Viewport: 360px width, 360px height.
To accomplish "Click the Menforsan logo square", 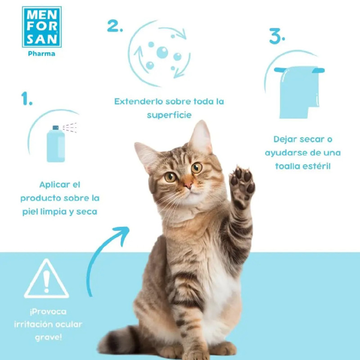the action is (x=42, y=27).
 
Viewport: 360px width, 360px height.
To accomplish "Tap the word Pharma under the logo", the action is (x=41, y=54).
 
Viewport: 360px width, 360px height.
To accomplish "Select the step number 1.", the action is (x=27, y=99).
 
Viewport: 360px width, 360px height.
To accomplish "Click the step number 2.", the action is (x=115, y=26).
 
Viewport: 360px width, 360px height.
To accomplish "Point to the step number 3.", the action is (x=277, y=36).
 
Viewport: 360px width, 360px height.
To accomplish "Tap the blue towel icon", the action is (x=299, y=92).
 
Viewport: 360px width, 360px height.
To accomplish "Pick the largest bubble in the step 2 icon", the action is (x=162, y=52).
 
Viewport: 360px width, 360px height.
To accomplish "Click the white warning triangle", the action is (x=46, y=279).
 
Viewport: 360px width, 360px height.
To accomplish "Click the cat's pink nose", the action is (x=188, y=184).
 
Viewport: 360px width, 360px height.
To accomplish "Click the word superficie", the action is (x=169, y=115).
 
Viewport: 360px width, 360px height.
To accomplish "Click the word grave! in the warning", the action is (x=49, y=337).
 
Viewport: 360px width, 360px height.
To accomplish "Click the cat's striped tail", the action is (x=117, y=342).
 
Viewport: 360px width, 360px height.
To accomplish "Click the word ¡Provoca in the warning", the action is (x=48, y=311).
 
